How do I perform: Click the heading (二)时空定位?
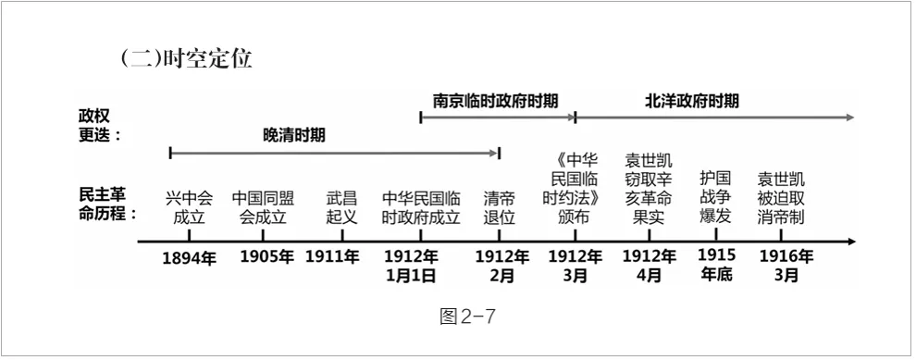(185, 60)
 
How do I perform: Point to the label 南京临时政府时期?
(496, 101)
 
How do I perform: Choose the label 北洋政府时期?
(692, 101)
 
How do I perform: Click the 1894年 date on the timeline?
(189, 258)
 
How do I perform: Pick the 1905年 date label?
(266, 257)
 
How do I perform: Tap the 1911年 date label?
(332, 257)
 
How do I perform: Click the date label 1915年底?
(715, 265)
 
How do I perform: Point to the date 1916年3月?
(786, 266)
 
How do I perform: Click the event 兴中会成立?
(189, 208)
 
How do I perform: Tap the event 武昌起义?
(341, 208)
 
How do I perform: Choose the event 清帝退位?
(500, 208)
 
